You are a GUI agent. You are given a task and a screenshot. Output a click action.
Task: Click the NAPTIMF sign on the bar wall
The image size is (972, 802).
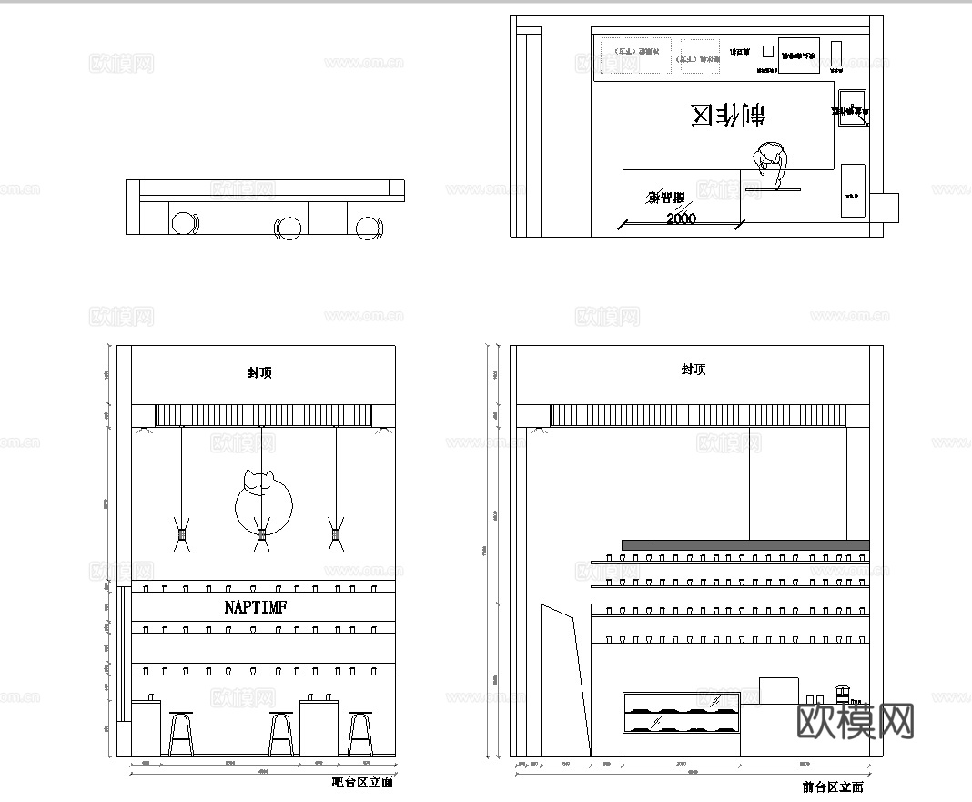pyautogui.click(x=256, y=607)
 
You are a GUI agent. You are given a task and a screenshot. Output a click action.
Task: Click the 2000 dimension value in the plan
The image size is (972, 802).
pyautogui.click(x=681, y=218)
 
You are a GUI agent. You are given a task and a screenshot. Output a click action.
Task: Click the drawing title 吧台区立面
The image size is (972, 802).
pyautogui.click(x=362, y=782)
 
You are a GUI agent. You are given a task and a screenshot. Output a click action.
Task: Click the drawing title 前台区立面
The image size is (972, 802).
pyautogui.click(x=833, y=787)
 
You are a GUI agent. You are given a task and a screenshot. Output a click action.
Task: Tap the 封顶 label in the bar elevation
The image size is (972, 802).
pyautogui.click(x=259, y=372)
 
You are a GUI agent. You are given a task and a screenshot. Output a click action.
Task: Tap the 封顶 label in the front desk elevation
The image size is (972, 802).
pyautogui.click(x=694, y=370)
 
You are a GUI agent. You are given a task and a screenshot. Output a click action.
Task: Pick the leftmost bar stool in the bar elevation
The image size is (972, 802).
pyautogui.click(x=181, y=733)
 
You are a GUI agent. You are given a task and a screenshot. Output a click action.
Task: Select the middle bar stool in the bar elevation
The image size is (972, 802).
pyautogui.click(x=282, y=733)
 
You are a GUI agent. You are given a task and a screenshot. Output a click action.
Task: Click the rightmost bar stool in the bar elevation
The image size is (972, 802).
pyautogui.click(x=360, y=733)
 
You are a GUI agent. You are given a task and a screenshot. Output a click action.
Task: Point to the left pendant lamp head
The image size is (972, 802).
pyautogui.click(x=182, y=536)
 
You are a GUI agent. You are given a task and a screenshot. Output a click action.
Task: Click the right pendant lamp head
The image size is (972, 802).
pyautogui.click(x=336, y=536)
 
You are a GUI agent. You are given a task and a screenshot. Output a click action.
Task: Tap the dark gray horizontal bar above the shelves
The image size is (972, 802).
pyautogui.click(x=744, y=545)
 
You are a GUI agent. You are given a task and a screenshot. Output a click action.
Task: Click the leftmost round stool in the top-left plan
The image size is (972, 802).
pyautogui.click(x=186, y=224)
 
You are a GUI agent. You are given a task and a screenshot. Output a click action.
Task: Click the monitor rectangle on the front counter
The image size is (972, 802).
pyautogui.click(x=778, y=691)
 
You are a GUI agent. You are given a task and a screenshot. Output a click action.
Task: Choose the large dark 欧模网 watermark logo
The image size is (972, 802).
pyautogui.click(x=856, y=720)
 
